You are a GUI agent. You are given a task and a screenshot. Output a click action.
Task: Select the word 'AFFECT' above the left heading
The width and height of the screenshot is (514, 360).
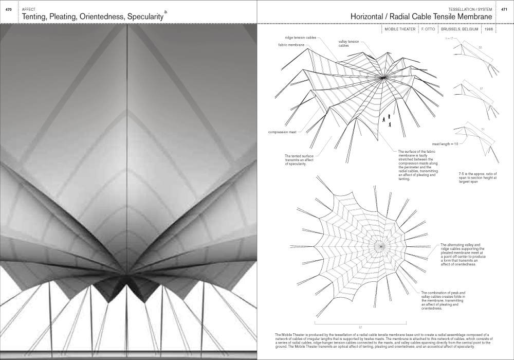pos(29,9)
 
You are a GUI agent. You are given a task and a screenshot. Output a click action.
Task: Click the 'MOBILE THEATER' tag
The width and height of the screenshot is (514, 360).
pos(400,30)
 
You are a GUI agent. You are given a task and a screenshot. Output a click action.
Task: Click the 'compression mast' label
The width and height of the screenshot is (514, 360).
pos(282,132)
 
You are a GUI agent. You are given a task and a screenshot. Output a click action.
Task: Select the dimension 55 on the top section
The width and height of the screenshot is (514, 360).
pos(480,47)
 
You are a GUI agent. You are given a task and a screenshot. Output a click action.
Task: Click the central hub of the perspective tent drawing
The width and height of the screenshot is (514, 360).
pos(383,78)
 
